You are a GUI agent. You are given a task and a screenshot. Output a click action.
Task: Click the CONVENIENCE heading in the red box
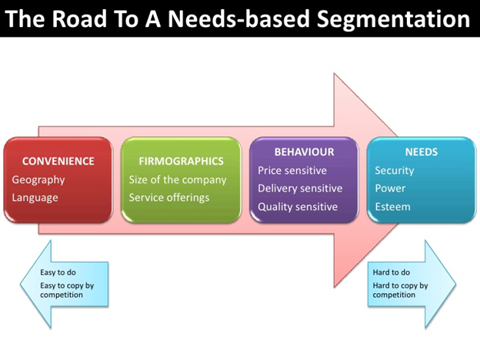[x=58, y=162]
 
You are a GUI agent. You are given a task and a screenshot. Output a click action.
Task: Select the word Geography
[x=38, y=180]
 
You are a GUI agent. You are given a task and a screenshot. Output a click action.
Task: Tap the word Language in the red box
[x=35, y=198]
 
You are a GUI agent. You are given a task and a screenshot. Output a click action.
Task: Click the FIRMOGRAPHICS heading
[x=181, y=162]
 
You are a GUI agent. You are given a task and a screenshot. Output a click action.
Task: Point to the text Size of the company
[x=178, y=180]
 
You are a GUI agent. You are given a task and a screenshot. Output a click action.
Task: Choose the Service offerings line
[x=169, y=198]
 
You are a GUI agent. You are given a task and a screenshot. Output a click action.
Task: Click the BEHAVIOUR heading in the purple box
[x=304, y=152]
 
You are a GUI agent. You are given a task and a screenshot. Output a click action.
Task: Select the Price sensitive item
[x=292, y=171]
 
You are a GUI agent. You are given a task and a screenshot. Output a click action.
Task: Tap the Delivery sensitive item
[x=300, y=188]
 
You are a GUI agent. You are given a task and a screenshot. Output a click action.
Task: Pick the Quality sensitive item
[x=298, y=207]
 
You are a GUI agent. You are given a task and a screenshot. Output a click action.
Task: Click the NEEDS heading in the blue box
[x=422, y=152]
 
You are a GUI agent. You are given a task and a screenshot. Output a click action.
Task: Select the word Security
[x=395, y=171]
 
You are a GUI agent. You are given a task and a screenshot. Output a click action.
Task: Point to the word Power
[x=390, y=188]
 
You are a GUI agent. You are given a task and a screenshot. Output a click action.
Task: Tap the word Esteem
[x=392, y=207]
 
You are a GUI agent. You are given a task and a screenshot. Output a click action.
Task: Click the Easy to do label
[x=58, y=272]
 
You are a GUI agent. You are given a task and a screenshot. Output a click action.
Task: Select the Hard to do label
[x=392, y=272]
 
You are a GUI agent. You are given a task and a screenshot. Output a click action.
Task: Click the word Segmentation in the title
[x=393, y=19]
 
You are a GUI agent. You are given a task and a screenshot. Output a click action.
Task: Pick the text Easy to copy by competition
[x=67, y=290]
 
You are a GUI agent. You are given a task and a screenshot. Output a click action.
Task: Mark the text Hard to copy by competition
[x=400, y=290]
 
